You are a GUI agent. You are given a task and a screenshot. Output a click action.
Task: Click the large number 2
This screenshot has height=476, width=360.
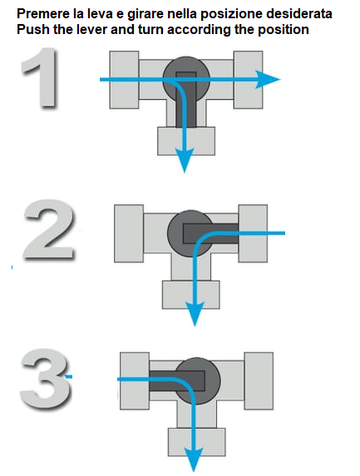coord(48,230)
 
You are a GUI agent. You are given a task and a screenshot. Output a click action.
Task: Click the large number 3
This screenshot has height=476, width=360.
coord(46,378)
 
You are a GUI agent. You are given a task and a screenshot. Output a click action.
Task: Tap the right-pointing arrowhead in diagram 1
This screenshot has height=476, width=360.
coord(268,80)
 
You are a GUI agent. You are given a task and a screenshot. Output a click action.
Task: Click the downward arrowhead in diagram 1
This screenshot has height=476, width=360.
coord(185,160)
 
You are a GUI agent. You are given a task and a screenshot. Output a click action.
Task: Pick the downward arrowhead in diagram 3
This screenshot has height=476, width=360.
coord(194,460)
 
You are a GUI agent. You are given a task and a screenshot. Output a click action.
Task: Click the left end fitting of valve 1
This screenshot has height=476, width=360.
coord(124,80)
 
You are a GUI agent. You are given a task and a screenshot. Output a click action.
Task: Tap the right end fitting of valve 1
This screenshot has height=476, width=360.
coord(249,80)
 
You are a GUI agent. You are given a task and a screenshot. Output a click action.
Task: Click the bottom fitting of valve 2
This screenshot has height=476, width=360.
coord(190,295)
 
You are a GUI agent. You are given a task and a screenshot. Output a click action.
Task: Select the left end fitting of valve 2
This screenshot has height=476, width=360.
coord(129,233)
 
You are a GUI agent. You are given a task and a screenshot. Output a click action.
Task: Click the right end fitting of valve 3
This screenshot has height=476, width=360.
coord(259,381)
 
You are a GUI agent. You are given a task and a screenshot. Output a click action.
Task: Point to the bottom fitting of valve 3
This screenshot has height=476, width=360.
coord(197,442)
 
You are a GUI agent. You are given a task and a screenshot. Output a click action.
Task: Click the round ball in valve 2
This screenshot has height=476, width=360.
coord(190,233)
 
